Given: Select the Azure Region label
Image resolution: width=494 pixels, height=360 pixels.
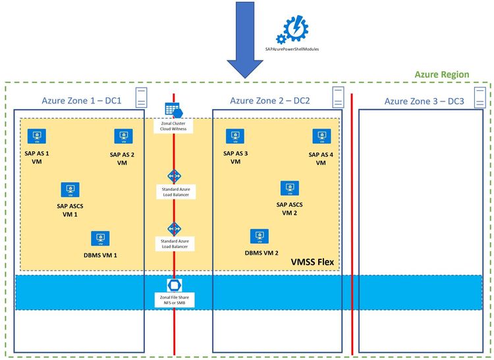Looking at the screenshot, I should pyautogui.click(x=441, y=74).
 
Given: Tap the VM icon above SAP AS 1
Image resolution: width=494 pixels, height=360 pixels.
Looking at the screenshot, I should pyautogui.click(x=36, y=136).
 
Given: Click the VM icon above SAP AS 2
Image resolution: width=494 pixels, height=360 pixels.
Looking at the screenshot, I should pyautogui.click(x=122, y=136).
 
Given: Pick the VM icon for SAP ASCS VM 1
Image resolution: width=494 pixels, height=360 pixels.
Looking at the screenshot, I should pyautogui.click(x=70, y=190).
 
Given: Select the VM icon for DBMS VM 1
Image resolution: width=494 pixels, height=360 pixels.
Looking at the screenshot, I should pyautogui.click(x=100, y=238).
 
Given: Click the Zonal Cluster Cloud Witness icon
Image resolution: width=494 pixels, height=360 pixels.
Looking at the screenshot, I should pyautogui.click(x=173, y=111).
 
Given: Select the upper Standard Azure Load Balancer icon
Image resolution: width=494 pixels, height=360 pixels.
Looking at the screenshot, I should pyautogui.click(x=174, y=177).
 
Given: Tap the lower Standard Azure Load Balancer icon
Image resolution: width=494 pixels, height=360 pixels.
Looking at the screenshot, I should pyautogui.click(x=174, y=228).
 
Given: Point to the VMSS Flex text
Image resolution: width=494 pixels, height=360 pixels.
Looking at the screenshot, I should pyautogui.click(x=312, y=262).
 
